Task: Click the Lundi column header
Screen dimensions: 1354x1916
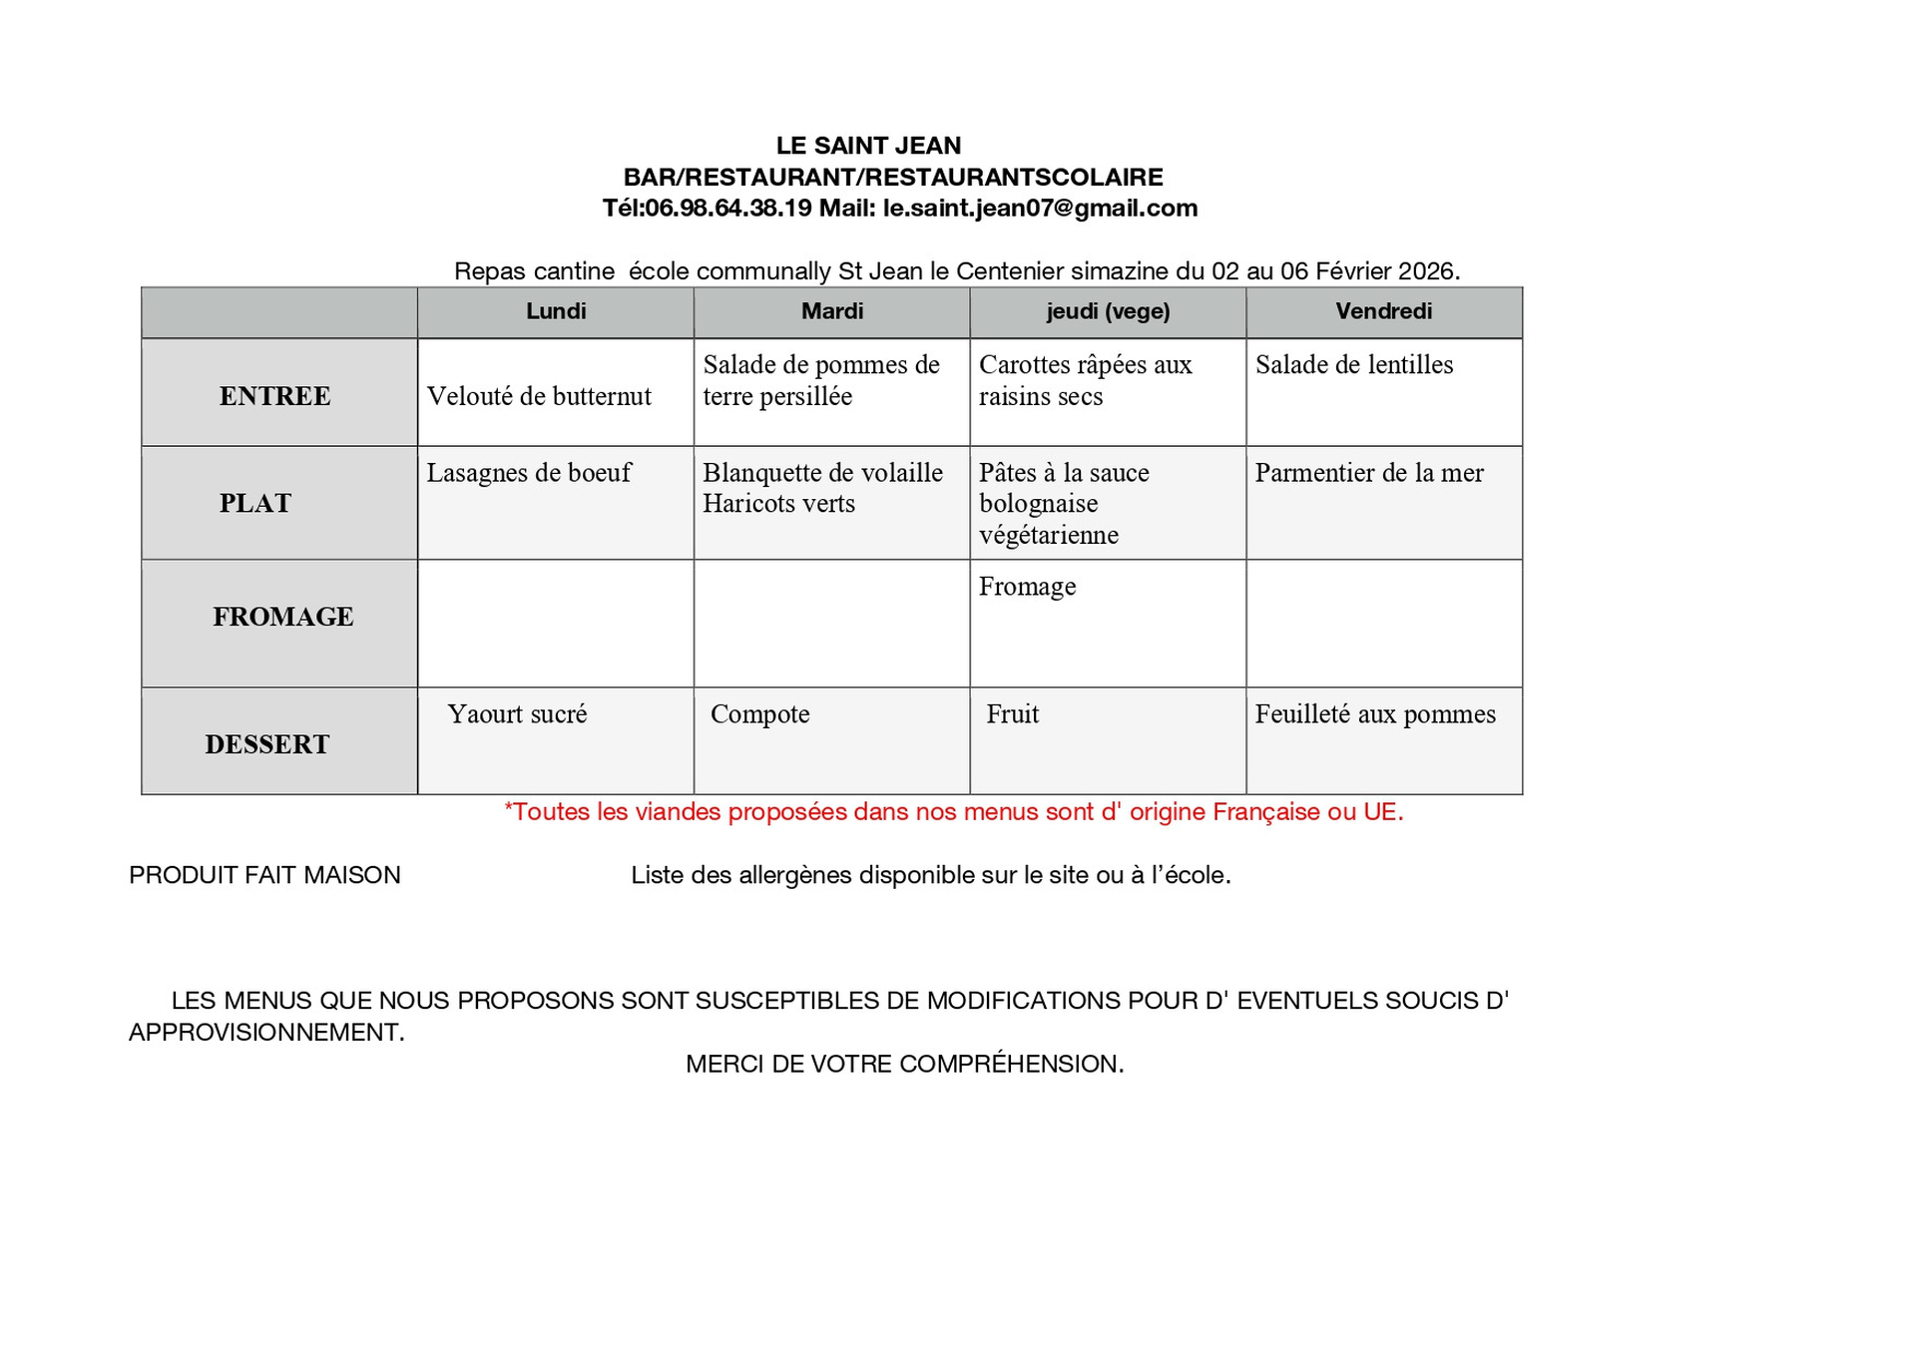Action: pyautogui.click(x=556, y=311)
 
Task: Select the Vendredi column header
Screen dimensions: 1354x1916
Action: pyautogui.click(x=1383, y=311)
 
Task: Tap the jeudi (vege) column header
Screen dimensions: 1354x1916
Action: pyautogui.click(x=1108, y=311)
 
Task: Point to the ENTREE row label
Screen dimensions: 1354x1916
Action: pyautogui.click(x=274, y=396)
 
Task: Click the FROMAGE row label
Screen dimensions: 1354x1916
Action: pyautogui.click(x=282, y=617)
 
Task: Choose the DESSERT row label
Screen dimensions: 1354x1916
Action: pyautogui.click(x=266, y=744)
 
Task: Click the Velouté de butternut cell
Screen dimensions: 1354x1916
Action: pyautogui.click(x=539, y=396)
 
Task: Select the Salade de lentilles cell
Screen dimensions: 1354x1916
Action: pyautogui.click(x=1353, y=365)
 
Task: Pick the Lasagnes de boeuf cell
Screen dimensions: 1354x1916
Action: pyautogui.click(x=529, y=473)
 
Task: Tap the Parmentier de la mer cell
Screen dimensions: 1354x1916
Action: pyautogui.click(x=1368, y=473)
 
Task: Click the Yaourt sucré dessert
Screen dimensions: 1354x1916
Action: pyautogui.click(x=517, y=714)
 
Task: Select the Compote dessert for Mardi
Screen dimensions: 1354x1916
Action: pyautogui.click(x=759, y=714)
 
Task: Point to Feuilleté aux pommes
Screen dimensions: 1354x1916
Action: pyautogui.click(x=1374, y=714)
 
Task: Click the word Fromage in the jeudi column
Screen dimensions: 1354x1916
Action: pyautogui.click(x=1027, y=587)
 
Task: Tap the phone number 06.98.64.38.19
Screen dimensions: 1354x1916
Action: pyautogui.click(x=727, y=209)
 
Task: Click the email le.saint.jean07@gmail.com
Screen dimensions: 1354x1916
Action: pyautogui.click(x=1040, y=209)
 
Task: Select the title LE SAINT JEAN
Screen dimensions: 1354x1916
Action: pyautogui.click(x=868, y=146)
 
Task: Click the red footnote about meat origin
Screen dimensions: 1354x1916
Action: pyautogui.click(x=953, y=812)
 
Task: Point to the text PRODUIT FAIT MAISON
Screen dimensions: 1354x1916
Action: pyautogui.click(x=264, y=875)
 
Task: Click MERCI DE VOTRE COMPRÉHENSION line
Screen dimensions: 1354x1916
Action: pyautogui.click(x=904, y=1064)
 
